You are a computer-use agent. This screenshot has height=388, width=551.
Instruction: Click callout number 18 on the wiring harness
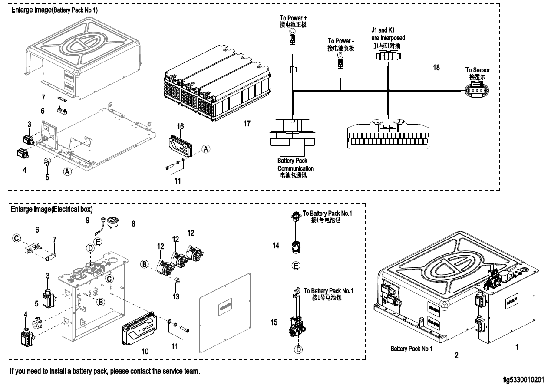coord(436,68)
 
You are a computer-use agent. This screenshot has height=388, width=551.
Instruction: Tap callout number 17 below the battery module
coord(247,124)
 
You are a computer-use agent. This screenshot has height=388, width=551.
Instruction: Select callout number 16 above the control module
coord(180,126)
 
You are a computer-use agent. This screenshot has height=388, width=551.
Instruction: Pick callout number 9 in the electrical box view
coord(87,220)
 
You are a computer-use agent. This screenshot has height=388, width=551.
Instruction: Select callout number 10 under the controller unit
coord(145,351)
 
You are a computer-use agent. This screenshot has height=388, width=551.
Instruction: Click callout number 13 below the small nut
coord(176,296)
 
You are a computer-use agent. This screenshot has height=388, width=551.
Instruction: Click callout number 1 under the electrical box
coord(516,347)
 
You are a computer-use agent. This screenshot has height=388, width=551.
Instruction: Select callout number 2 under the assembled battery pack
coord(456,355)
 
